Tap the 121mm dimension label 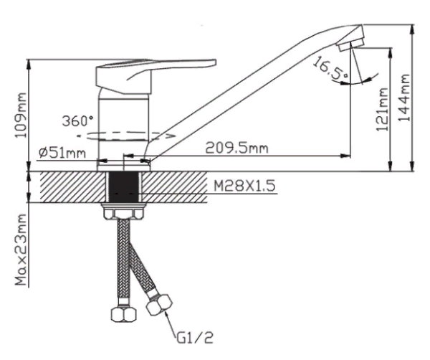point(382,110)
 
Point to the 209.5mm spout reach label point(236,148)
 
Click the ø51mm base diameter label point(62,153)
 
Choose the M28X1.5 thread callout point(244,186)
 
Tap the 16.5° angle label point(329,70)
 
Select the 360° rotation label point(77,120)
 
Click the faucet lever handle point(158,69)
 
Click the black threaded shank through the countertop point(124,187)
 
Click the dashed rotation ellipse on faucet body point(125,134)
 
